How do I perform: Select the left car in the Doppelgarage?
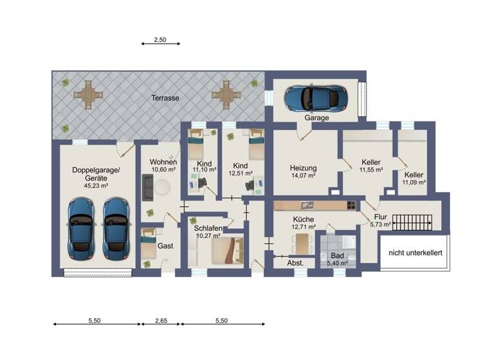coord(81,224)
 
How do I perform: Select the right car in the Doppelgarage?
coord(116,224)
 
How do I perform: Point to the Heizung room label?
coord(303,167)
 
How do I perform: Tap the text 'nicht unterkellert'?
coord(416,253)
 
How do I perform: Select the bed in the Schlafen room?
coord(228,251)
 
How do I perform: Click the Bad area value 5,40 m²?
coord(337,263)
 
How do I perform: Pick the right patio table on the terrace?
coord(226,96)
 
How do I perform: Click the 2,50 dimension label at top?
coord(160,40)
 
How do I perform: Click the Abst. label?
coord(295,264)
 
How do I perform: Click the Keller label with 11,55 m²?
coord(371,162)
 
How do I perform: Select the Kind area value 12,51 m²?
coord(240,172)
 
